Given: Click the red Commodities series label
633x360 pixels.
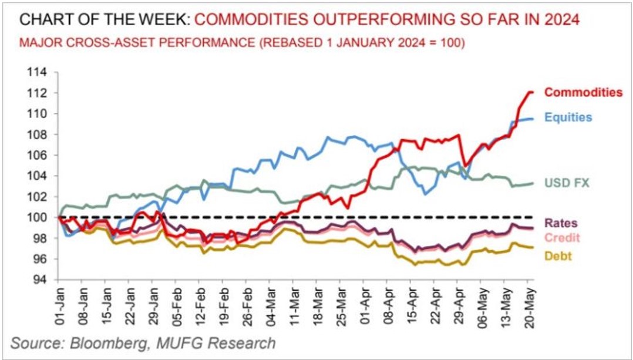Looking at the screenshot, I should click(x=583, y=92).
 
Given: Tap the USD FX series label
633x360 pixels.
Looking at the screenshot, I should click(x=566, y=183).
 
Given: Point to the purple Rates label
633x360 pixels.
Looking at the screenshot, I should click(x=562, y=223).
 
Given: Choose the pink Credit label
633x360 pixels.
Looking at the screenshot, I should click(x=563, y=237).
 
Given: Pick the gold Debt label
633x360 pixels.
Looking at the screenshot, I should click(x=558, y=256).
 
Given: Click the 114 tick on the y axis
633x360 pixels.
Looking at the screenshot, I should click(x=39, y=72).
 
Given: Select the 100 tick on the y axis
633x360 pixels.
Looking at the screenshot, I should click(x=39, y=218).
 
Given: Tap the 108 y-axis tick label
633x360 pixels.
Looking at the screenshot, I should click(x=39, y=134).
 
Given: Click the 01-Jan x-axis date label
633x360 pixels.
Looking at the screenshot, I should click(x=59, y=306).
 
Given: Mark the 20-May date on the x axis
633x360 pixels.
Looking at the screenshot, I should click(x=528, y=306).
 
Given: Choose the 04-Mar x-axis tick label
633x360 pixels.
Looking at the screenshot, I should click(x=270, y=306).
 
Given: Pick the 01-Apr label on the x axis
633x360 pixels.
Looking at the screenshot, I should click(x=363, y=306).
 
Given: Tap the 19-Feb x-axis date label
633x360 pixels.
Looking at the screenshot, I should click(x=223, y=306).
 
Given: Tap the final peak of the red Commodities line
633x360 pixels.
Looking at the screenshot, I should click(x=530, y=92).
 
